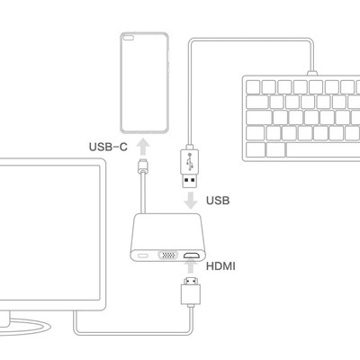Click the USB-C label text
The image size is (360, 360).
108,147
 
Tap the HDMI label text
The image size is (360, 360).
220,266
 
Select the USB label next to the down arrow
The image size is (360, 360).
218,201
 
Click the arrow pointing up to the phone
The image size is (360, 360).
143,146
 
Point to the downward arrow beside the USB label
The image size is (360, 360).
191,201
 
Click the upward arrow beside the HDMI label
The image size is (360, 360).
191,266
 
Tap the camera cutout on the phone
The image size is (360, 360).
129,38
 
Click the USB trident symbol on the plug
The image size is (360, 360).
190,161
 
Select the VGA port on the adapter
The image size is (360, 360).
167,256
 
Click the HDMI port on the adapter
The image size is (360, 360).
192,256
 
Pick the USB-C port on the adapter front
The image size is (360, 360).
143,256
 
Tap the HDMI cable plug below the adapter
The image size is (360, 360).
191,291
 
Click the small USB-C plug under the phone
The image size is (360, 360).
143,166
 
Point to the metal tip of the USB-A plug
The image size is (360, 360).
190,181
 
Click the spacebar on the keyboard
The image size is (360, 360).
322,149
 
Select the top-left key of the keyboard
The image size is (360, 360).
253,87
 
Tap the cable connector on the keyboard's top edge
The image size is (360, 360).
312,74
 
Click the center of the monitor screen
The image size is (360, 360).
49,232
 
